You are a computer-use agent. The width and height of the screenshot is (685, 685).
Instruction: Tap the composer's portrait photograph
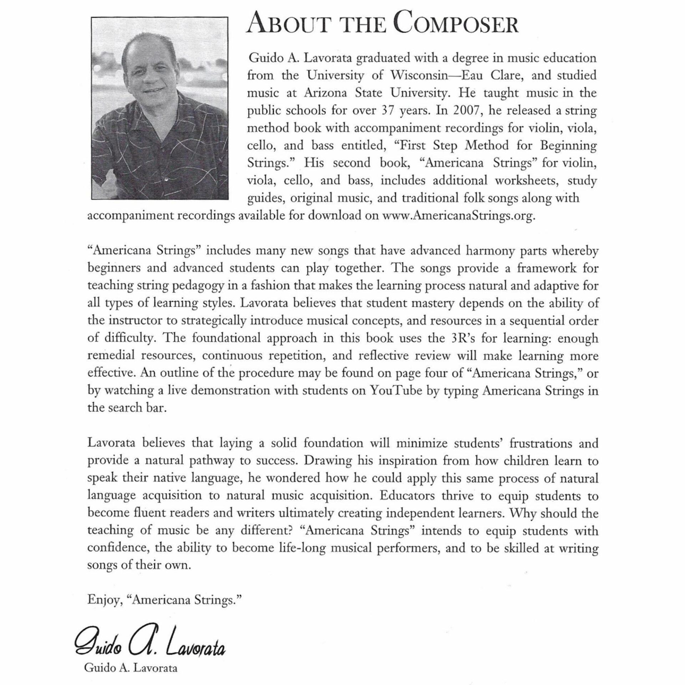159,108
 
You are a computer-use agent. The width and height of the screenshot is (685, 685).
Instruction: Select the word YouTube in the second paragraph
399,390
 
